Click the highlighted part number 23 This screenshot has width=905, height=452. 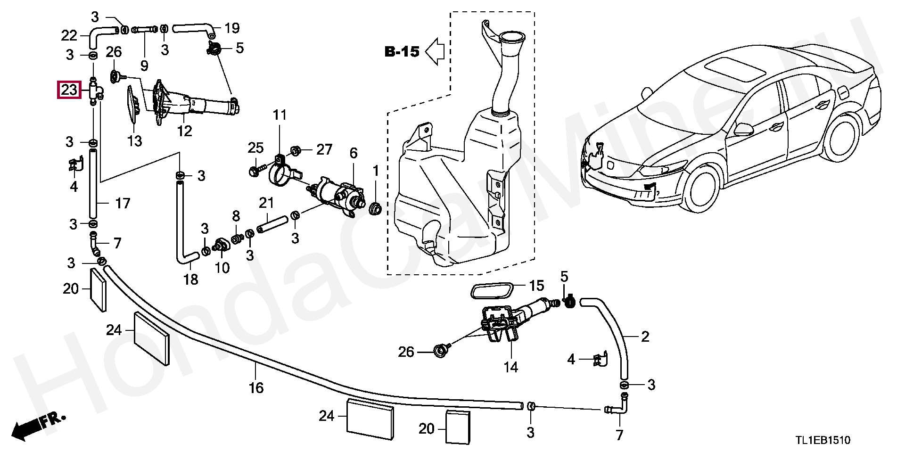coord(69,89)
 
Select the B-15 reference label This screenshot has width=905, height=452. coord(402,52)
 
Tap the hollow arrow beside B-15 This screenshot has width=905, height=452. coord(435,51)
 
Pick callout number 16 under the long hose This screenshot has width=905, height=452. coord(256,388)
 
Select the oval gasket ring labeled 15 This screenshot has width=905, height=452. coord(492,291)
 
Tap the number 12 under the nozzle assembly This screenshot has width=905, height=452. coord(185,131)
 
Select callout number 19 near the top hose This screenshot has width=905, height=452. coord(231,28)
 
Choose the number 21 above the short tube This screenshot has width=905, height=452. coord(266,203)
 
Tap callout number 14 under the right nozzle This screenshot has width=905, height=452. coord(510,366)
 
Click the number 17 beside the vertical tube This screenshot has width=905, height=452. coord(122,204)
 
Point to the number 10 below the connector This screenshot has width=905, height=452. coord(222,268)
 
